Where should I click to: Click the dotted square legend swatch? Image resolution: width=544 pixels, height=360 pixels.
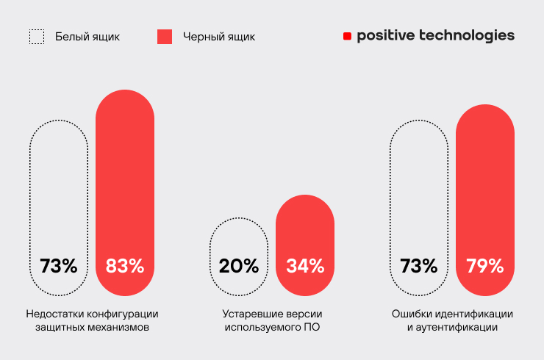tap(36, 37)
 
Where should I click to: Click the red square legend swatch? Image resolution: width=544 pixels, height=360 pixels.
tap(165, 37)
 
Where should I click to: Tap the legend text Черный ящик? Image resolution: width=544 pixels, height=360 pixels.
tap(218, 36)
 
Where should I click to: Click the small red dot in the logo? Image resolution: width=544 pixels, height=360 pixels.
tap(347, 36)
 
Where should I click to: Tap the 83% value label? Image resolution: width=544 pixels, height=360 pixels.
tap(125, 266)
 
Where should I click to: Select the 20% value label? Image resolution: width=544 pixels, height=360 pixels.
tap(239, 266)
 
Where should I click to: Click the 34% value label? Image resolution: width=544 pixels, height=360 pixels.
tap(304, 266)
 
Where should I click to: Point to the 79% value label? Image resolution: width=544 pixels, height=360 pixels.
tap(484, 266)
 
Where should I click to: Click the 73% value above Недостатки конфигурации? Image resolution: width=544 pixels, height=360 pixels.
tap(59, 266)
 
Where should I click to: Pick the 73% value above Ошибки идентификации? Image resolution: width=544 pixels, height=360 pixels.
tap(419, 266)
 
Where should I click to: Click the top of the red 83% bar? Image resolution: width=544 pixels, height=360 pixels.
tap(125, 94)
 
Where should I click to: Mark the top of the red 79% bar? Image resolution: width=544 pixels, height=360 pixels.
tap(484, 109)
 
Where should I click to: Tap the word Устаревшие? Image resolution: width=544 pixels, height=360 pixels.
tap(248, 314)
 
